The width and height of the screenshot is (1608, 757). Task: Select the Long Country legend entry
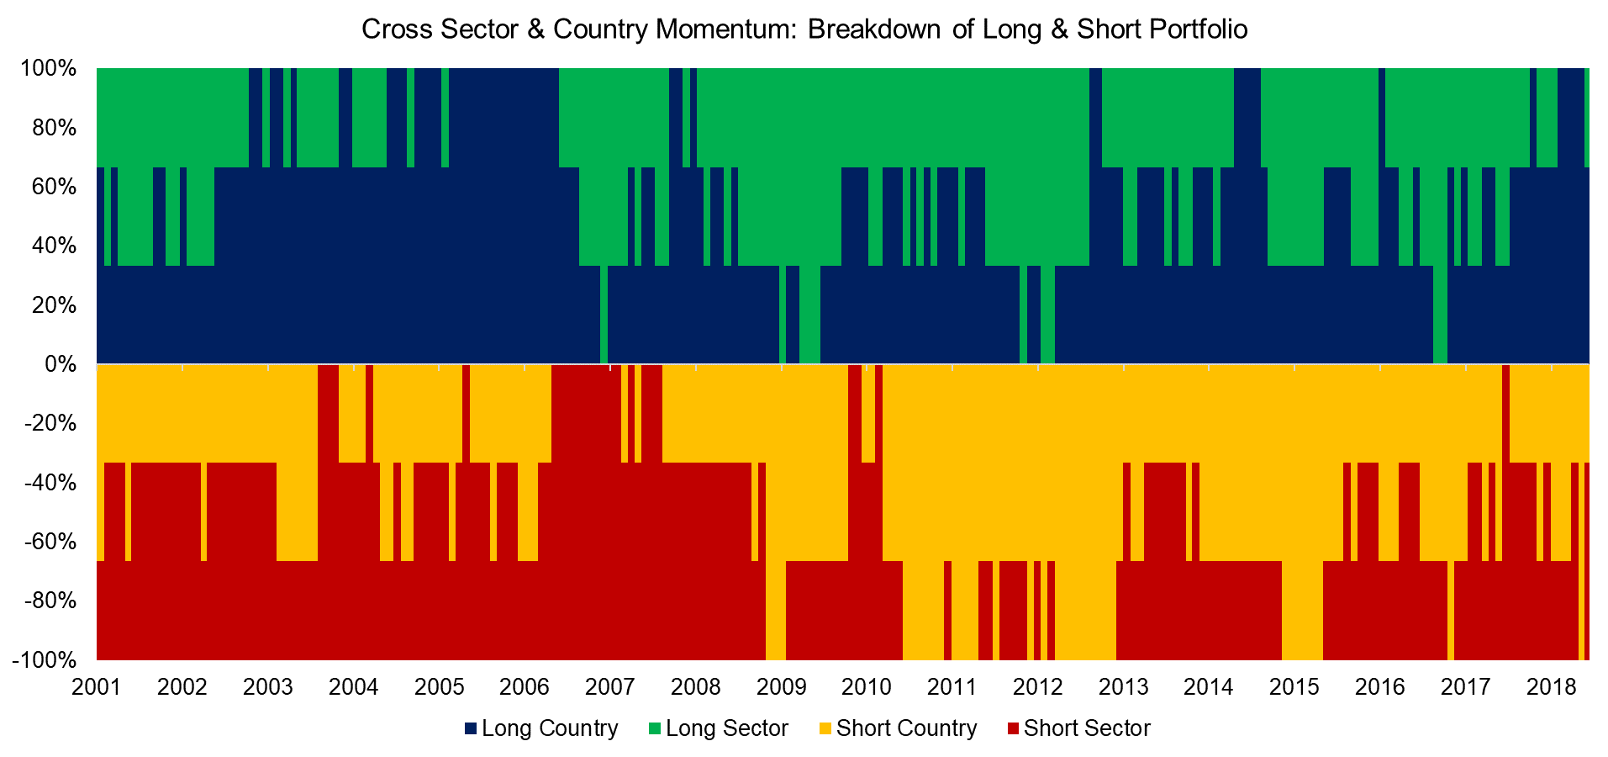(x=541, y=728)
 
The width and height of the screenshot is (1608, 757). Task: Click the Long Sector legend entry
(x=719, y=728)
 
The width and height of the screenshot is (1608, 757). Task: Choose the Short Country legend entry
(x=899, y=728)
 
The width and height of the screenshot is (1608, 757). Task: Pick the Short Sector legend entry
(x=1078, y=728)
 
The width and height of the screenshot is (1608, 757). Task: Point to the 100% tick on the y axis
(x=49, y=68)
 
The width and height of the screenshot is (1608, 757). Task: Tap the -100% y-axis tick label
(x=45, y=660)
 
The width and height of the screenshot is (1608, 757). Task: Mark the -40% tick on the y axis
(x=50, y=483)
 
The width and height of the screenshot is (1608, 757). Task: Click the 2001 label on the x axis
(x=97, y=687)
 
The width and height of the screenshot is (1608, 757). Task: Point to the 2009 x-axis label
(x=781, y=687)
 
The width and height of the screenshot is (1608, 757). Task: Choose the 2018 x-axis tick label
(x=1551, y=687)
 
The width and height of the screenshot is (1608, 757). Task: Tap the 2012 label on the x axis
(x=1038, y=687)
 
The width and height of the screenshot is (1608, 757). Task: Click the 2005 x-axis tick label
(x=439, y=687)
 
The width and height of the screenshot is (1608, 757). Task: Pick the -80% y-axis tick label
(x=50, y=601)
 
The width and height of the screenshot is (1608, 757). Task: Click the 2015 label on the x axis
(x=1294, y=687)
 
